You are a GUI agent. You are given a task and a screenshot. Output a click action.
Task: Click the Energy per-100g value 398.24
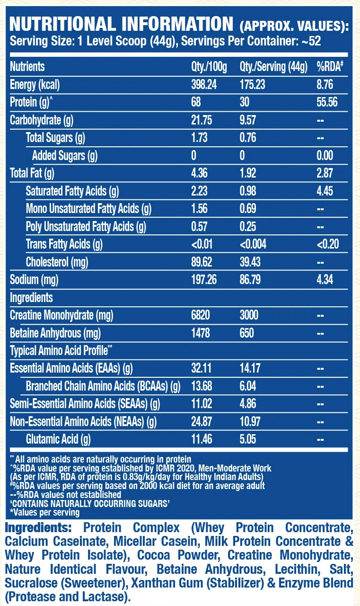point(204,84)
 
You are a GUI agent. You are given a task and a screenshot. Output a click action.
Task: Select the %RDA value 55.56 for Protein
point(327,102)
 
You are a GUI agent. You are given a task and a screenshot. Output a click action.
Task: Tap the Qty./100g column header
point(209,67)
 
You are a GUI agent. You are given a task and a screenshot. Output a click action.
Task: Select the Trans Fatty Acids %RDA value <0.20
point(328,245)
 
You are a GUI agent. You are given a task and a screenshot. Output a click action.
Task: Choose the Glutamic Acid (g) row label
point(58,440)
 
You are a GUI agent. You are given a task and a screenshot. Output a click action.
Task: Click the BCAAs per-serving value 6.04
point(248,386)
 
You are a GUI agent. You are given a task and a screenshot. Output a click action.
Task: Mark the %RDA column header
point(330,67)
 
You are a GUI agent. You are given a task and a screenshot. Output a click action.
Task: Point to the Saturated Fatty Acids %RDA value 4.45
point(325,191)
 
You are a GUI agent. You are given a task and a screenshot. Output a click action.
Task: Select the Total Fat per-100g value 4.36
point(199,173)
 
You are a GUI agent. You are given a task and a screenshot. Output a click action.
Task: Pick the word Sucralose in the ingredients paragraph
point(28,582)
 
